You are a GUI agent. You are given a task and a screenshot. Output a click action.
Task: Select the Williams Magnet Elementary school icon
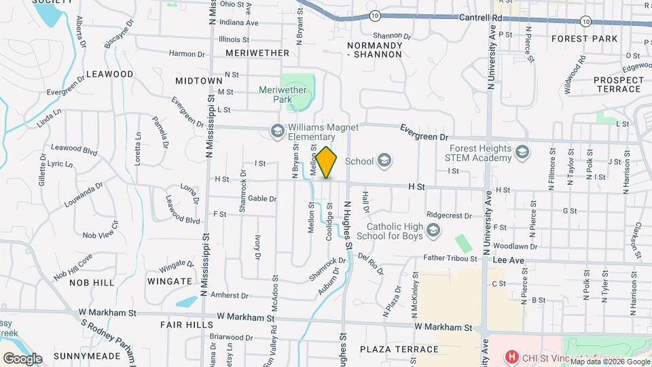pyautogui.click(x=276, y=131)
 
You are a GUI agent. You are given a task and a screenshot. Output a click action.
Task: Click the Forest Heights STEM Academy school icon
pyautogui.click(x=522, y=151)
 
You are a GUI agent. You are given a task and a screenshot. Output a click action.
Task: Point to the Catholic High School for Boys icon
pyautogui.click(x=433, y=232)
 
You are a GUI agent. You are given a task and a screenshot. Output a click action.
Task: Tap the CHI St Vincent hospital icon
pyautogui.click(x=511, y=357)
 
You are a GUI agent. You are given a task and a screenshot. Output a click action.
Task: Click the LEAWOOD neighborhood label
pyautogui.click(x=110, y=73)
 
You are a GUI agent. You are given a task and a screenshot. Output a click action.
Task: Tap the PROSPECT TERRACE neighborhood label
pyautogui.click(x=617, y=84)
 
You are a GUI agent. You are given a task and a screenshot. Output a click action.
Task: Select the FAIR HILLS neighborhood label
pyautogui.click(x=187, y=325)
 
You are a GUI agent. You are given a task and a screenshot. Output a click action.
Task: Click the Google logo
pyautogui.click(x=22, y=358)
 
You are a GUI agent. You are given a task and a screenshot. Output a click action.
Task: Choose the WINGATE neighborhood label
pyautogui.click(x=169, y=281)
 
